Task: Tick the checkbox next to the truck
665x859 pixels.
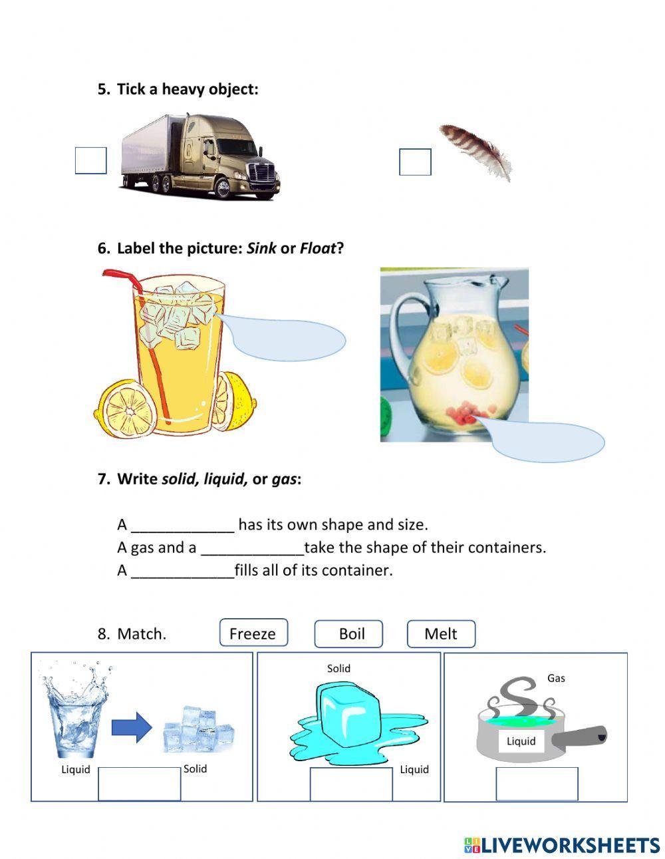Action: click(x=91, y=160)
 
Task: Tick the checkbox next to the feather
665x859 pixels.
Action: click(x=415, y=162)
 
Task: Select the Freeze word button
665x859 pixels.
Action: click(x=253, y=633)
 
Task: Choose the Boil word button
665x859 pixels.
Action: click(x=348, y=633)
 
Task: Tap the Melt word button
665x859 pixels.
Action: click(x=441, y=633)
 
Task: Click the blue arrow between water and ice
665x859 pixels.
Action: click(x=132, y=727)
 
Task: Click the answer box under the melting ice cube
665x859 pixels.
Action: click(x=351, y=784)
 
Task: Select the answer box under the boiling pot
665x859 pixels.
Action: click(x=537, y=784)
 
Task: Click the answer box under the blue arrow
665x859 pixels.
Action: click(x=140, y=784)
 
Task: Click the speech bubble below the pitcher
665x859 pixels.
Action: click(x=545, y=439)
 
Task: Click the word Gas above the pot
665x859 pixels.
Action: click(x=556, y=678)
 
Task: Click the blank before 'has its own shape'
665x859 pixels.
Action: click(x=183, y=526)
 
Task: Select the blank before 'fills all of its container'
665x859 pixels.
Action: click(x=183, y=571)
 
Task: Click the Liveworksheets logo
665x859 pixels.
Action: click(x=562, y=845)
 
